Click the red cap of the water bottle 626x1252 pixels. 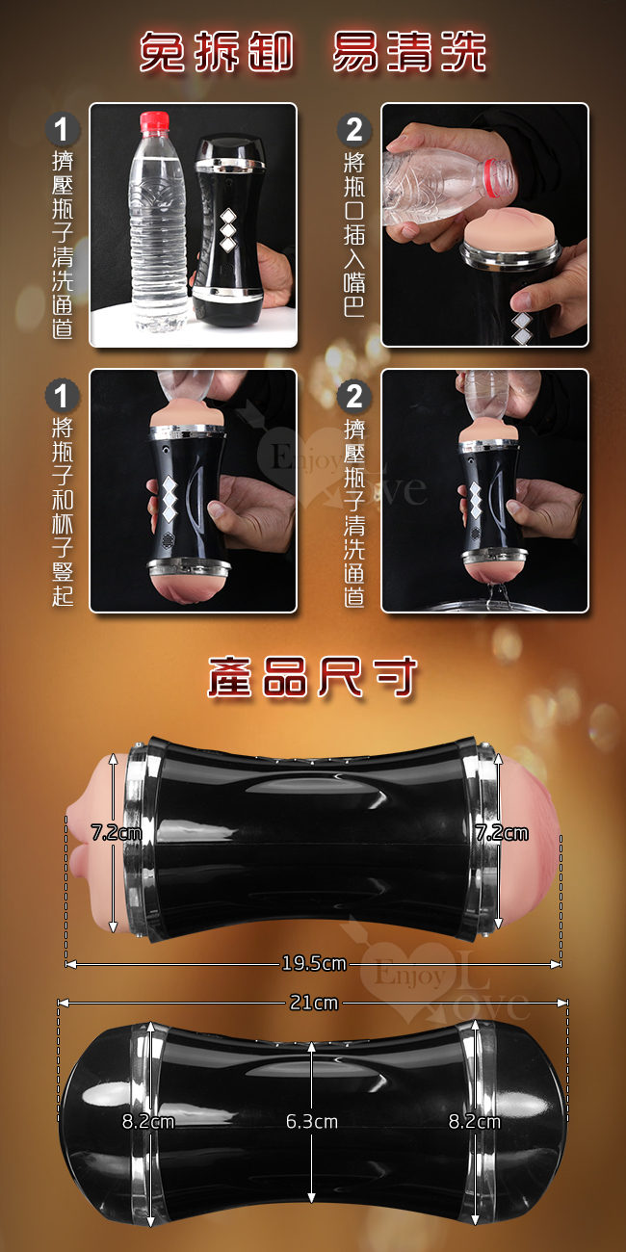[x=154, y=121]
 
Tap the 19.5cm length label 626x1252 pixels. [x=314, y=963]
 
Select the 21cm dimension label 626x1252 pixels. [x=314, y=1003]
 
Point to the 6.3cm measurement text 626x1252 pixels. [x=311, y=1121]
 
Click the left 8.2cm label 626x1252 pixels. [x=148, y=1121]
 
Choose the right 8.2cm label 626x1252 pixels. [x=475, y=1121]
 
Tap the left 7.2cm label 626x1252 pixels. [x=117, y=833]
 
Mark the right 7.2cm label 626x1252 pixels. [x=502, y=833]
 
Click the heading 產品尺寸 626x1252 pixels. [x=313, y=677]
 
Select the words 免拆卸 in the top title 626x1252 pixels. [x=216, y=51]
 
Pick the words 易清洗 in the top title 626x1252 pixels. [x=409, y=51]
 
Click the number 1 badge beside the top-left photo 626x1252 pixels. [x=62, y=129]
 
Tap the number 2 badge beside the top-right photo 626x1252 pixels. [x=353, y=129]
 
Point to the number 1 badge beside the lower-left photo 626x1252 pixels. [x=62, y=395]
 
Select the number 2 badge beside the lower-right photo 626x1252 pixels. [x=353, y=395]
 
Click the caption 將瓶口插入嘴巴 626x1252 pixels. [x=353, y=234]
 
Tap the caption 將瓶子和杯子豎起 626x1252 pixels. [x=62, y=512]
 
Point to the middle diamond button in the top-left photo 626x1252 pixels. [x=228, y=230]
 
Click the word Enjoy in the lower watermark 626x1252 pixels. [x=409, y=975]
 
